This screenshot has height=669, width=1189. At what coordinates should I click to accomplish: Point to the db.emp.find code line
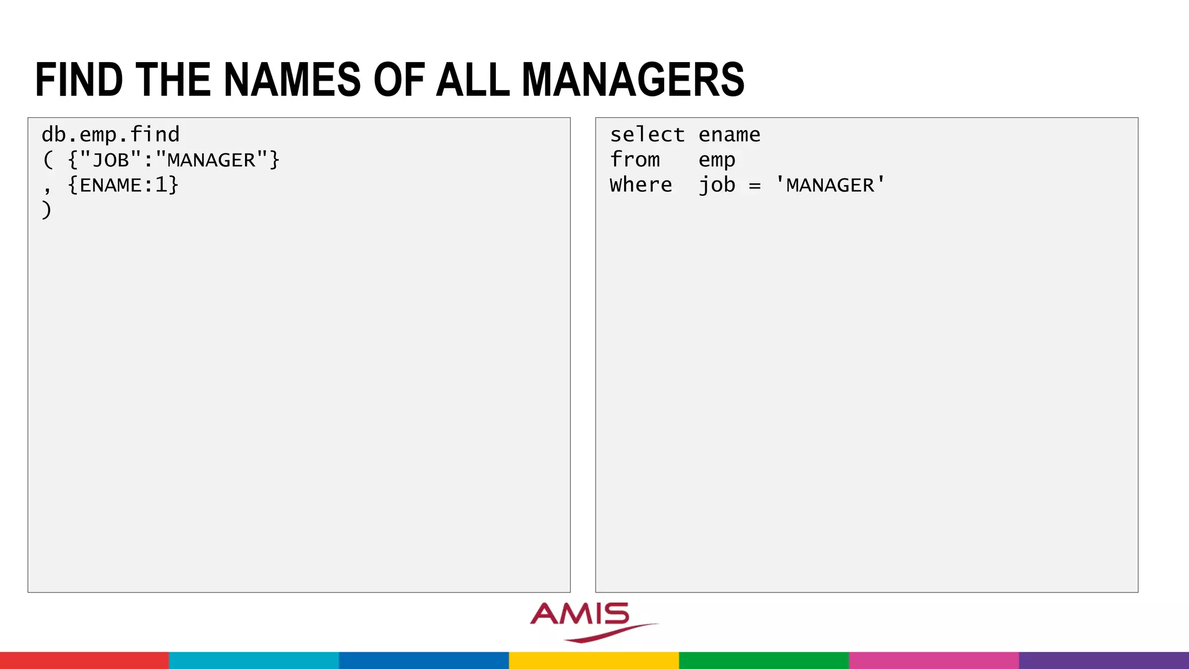point(110,135)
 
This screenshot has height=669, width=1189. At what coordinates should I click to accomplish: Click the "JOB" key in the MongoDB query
point(111,160)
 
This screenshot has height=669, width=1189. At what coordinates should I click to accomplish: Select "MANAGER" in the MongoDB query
point(211,160)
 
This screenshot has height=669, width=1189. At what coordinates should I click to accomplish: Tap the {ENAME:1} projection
point(123,185)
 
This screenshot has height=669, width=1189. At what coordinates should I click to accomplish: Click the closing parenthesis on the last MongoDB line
point(46,210)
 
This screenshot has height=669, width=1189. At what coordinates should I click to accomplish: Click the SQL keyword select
point(647,135)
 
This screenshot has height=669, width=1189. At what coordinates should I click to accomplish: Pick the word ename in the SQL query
point(729,135)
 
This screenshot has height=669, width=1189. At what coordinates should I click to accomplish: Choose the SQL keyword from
point(635,160)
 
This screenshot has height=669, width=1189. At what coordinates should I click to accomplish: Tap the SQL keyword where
point(640,185)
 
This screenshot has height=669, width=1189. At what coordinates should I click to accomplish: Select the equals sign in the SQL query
point(754,186)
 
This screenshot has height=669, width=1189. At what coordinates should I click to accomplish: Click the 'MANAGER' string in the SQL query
point(830,185)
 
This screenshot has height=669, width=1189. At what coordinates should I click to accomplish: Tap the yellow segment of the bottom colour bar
point(594,660)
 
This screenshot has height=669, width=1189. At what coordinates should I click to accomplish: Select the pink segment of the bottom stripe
point(934,660)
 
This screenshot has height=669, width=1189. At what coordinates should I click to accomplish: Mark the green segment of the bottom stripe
point(763,660)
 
